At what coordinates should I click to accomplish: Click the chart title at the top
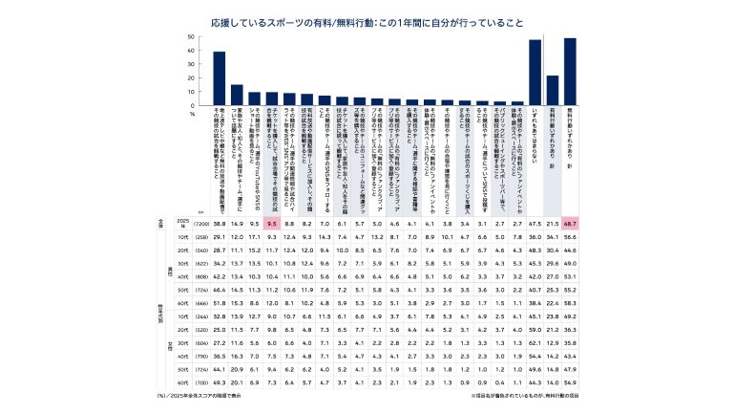(367, 19)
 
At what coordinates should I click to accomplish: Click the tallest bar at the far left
(220, 78)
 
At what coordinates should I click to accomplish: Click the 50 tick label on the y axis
(192, 37)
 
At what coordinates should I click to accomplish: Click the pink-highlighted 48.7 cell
(570, 250)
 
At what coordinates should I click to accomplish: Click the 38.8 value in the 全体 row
(220, 250)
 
